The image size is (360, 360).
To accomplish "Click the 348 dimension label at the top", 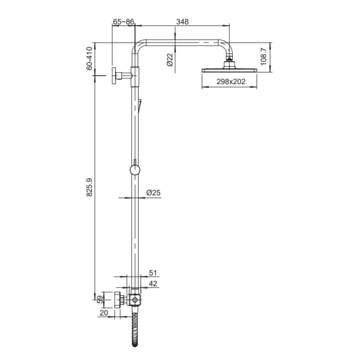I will pos(182,22).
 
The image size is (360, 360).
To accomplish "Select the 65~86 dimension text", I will pos(124,22).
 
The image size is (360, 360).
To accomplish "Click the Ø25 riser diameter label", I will pos(154,193).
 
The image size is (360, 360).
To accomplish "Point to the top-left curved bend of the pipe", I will pos(139,47).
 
